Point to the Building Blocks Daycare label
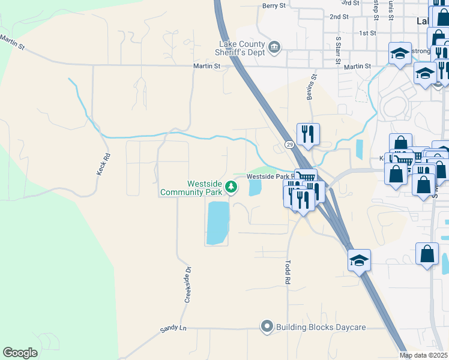(x=321, y=327)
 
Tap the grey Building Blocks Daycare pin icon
(x=267, y=327)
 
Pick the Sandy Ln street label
(x=174, y=329)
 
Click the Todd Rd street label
(x=288, y=272)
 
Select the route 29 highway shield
(x=289, y=145)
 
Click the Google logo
(x=20, y=353)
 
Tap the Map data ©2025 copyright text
(x=424, y=355)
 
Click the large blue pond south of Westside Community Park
(x=218, y=223)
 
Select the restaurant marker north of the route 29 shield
(x=308, y=134)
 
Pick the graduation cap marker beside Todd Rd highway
(x=359, y=260)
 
